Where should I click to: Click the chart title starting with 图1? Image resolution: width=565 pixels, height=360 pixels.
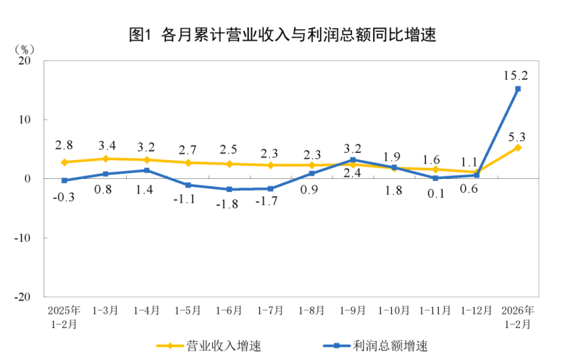tap(282, 34)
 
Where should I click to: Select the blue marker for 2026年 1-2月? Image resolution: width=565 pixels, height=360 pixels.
tap(518, 89)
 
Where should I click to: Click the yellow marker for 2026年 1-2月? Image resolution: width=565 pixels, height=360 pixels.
tap(518, 147)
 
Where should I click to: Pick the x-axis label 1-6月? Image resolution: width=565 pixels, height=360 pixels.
tap(229, 310)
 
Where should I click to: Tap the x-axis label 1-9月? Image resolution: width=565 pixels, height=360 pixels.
tap(353, 310)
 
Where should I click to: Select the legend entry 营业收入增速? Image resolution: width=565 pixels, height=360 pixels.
tap(210, 346)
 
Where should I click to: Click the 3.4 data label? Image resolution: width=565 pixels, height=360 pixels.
tap(106, 143)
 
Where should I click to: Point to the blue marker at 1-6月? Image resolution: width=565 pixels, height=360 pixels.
tap(230, 189)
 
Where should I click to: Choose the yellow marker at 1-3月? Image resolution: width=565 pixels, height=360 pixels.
tap(106, 159)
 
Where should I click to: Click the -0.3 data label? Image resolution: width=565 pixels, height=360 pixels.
tap(64, 196)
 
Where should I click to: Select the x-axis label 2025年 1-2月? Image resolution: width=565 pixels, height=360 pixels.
tap(64, 317)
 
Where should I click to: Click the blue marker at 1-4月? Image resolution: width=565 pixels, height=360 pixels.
tap(147, 170)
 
